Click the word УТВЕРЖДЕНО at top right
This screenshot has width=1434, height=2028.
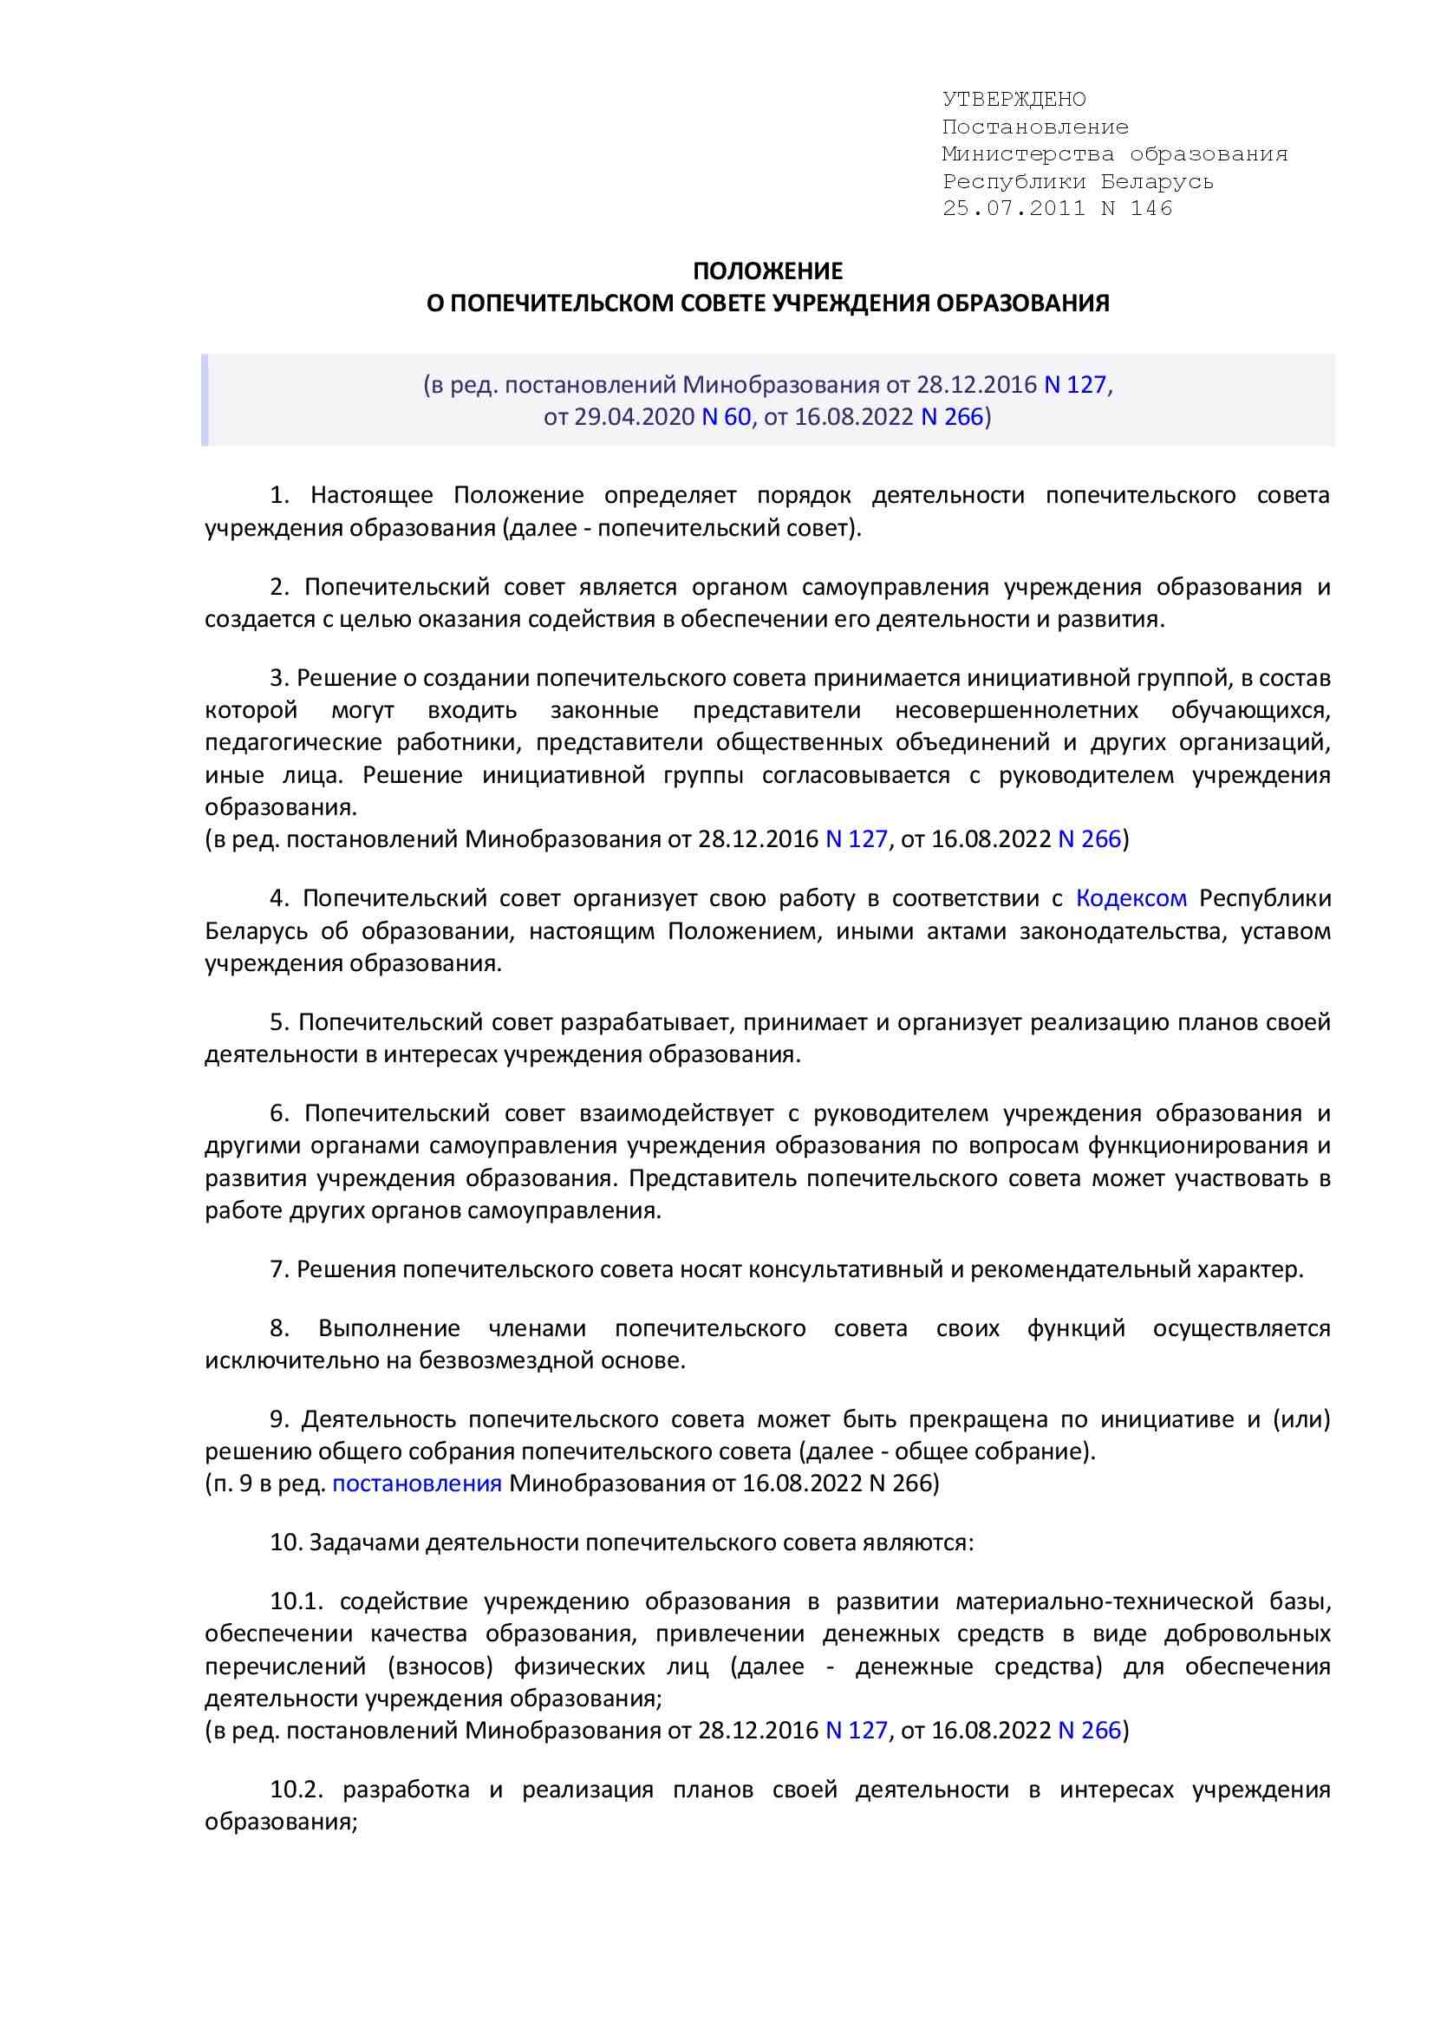[x=1014, y=99]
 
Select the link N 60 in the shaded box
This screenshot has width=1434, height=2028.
[x=726, y=416]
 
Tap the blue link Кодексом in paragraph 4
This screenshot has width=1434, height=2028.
[x=1132, y=898]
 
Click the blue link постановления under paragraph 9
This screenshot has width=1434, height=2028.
[x=417, y=1483]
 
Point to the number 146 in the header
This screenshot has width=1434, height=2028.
[x=1151, y=208]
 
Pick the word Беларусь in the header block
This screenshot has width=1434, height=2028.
[x=1157, y=181]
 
